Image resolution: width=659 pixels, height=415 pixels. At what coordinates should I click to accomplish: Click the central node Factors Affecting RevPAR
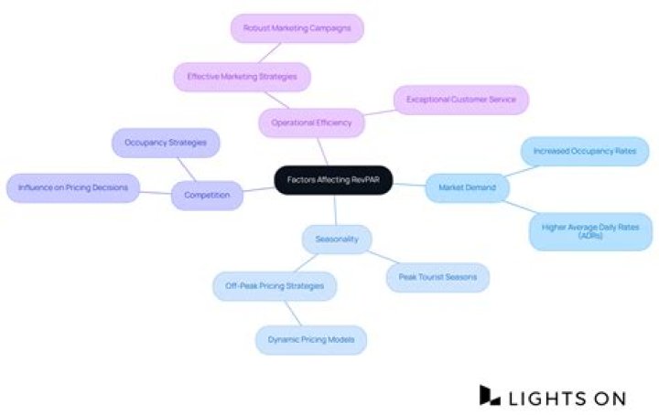(x=333, y=181)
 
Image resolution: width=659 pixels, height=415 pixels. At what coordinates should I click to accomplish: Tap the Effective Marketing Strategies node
(x=242, y=77)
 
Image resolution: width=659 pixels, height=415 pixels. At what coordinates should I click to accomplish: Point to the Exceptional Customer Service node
(x=461, y=99)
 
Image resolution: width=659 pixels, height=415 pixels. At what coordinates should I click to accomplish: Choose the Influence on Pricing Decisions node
(x=73, y=188)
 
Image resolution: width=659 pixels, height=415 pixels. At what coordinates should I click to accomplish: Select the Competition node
(x=207, y=195)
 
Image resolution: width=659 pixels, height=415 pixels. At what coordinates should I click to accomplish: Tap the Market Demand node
(x=467, y=188)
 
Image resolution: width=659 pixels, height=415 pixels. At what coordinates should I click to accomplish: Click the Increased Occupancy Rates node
(x=584, y=151)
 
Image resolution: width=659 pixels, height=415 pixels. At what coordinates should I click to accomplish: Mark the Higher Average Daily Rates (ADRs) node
(x=590, y=230)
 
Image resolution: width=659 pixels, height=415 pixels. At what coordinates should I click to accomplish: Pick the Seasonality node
(x=337, y=239)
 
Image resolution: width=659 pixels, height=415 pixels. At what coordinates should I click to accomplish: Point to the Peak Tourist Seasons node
(x=438, y=277)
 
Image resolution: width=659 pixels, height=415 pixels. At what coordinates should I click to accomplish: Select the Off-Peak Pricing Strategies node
(x=275, y=286)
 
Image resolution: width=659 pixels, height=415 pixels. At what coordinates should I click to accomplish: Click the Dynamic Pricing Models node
(x=311, y=340)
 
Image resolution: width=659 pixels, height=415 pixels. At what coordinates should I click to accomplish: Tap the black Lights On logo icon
(x=491, y=395)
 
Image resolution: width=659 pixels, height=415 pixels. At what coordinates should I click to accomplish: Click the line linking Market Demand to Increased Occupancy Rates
(x=515, y=170)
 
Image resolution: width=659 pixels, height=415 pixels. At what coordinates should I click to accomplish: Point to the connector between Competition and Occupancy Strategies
(x=187, y=169)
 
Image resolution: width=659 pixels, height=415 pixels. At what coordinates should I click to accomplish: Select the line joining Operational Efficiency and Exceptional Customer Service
(x=376, y=112)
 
